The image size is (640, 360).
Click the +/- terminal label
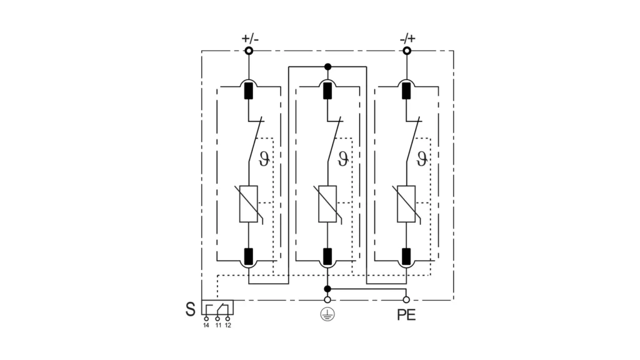(x=249, y=39)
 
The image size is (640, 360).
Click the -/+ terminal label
(x=407, y=39)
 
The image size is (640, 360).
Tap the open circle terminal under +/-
(x=249, y=51)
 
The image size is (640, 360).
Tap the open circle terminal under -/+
(x=407, y=51)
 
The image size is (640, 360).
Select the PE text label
(x=406, y=315)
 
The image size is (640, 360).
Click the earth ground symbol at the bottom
(x=327, y=315)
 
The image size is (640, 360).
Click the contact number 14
(x=206, y=326)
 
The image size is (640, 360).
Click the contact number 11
(x=217, y=326)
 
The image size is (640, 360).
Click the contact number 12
(x=228, y=326)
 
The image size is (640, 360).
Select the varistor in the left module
(x=249, y=204)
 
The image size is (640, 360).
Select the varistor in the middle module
(x=327, y=204)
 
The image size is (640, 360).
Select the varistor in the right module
(x=406, y=204)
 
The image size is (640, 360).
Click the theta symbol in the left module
(x=264, y=159)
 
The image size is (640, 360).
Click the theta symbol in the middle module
(x=342, y=159)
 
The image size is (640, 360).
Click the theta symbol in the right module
(x=422, y=159)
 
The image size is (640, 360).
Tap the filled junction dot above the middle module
(x=327, y=66)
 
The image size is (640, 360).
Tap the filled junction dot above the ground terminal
(x=327, y=289)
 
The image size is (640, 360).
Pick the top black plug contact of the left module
(x=249, y=91)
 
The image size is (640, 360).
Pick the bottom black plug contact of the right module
(x=406, y=255)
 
